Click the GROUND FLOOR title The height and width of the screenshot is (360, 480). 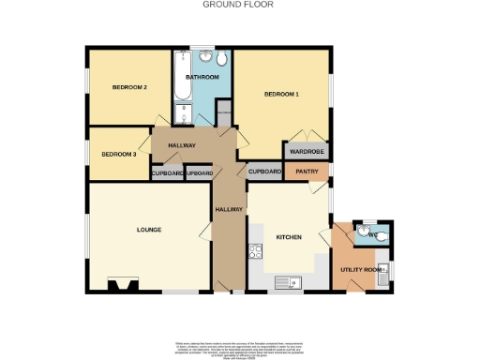tap(224, 5)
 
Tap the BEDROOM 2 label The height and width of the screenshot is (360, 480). tap(130, 87)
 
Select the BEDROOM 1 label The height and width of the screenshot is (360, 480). tap(281, 94)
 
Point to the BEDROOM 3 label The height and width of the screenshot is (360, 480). tap(119, 154)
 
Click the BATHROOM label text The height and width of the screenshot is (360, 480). tap(202, 77)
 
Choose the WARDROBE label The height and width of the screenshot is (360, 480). tap(306, 151)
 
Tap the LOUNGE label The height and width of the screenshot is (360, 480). tap(148, 230)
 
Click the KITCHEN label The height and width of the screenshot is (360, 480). tap(289, 237)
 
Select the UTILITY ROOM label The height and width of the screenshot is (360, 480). tap(362, 270)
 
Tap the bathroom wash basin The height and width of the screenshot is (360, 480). tap(204, 56)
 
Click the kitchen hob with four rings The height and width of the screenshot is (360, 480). tap(254, 249)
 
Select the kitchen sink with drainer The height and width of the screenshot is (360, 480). tap(286, 281)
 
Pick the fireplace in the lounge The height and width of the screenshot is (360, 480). tap(123, 284)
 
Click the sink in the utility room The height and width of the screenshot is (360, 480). tap(382, 273)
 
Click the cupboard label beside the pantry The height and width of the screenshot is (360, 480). tap(265, 172)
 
